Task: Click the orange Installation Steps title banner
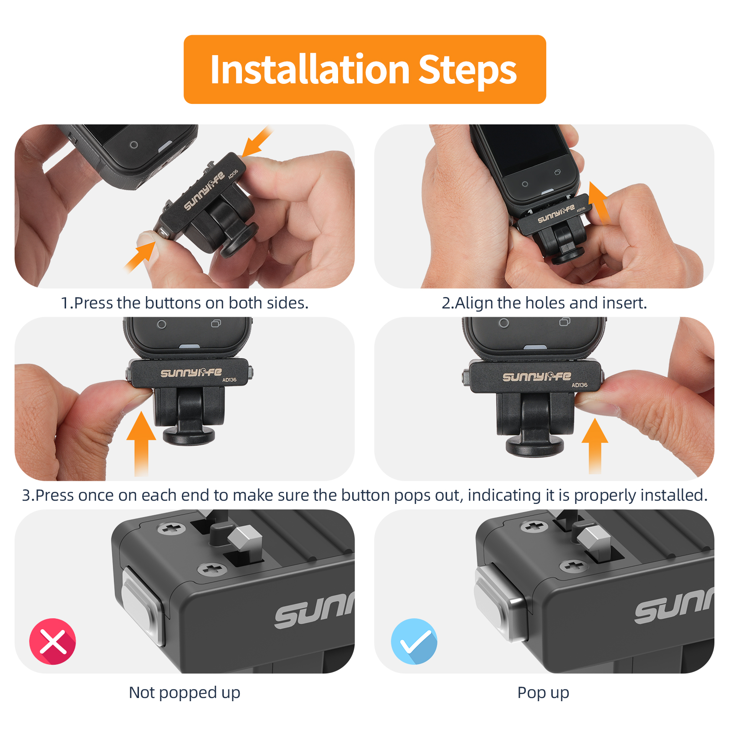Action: pos(364,69)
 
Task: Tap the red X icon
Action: pos(53,642)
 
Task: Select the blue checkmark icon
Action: pos(414,642)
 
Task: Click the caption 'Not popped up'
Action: pos(185,693)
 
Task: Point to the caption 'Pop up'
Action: pos(543,693)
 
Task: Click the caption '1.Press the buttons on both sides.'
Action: pos(185,303)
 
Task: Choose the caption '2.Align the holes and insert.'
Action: pos(544,303)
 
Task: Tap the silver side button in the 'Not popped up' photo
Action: pos(142,605)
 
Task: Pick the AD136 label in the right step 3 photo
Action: pos(580,385)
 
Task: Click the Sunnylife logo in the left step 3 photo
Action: pos(191,373)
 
